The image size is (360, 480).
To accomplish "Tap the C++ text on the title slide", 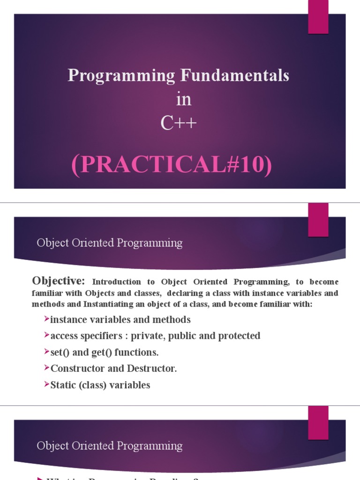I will [x=179, y=123].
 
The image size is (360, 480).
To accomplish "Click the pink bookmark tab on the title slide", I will [x=318, y=17].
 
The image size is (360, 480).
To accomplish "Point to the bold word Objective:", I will [x=59, y=281].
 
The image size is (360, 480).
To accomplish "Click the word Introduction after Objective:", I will [x=116, y=282].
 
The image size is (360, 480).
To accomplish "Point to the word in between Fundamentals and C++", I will [x=184, y=100].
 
